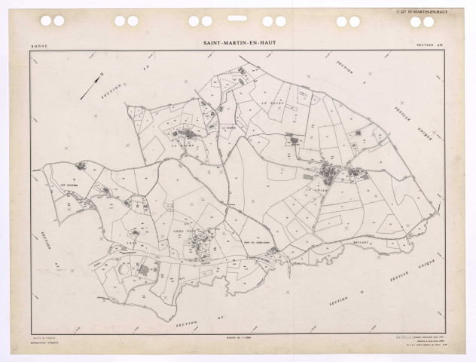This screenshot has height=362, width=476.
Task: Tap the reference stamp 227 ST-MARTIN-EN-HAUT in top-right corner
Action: [430, 11]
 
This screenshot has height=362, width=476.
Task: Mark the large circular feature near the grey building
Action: [124, 268]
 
